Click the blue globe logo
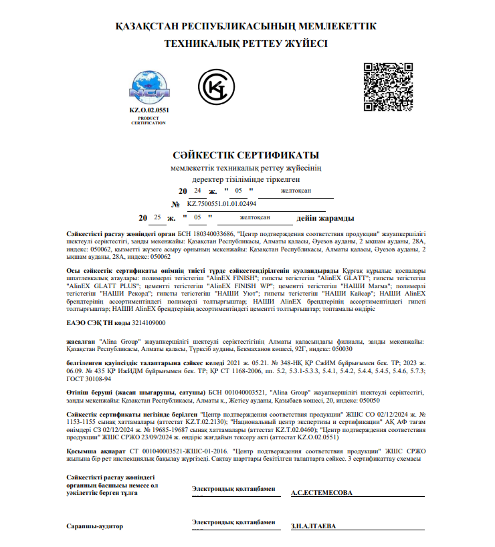pos(149,86)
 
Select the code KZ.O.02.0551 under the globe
pos(149,110)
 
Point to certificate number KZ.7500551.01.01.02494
pos(222,203)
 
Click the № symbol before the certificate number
pos(176,204)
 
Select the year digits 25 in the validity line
pos(157,217)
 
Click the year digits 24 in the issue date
pos(197,191)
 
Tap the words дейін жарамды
pos(326,218)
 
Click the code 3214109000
pos(148,322)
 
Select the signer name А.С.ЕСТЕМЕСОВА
pos(322,493)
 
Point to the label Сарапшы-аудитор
pos(94,526)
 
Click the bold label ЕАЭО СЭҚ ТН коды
pos(98,322)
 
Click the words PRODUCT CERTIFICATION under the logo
pos(148,121)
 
